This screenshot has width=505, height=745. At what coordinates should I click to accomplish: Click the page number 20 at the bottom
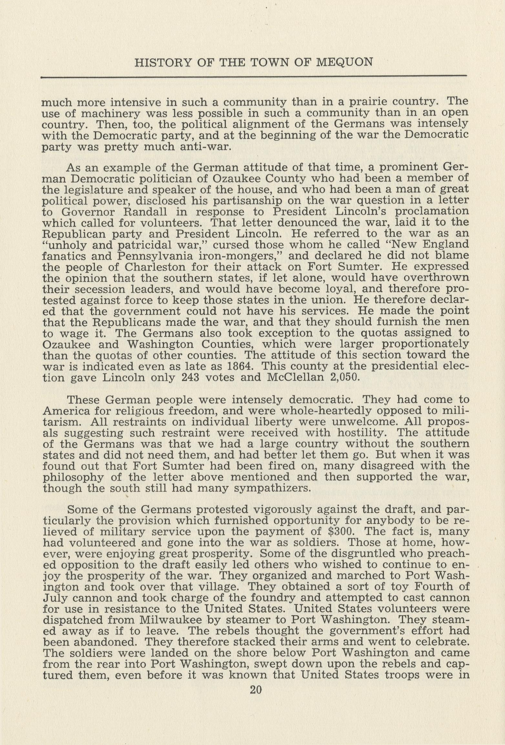coord(255,690)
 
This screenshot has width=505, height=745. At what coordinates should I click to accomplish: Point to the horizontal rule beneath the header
coord(254,77)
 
